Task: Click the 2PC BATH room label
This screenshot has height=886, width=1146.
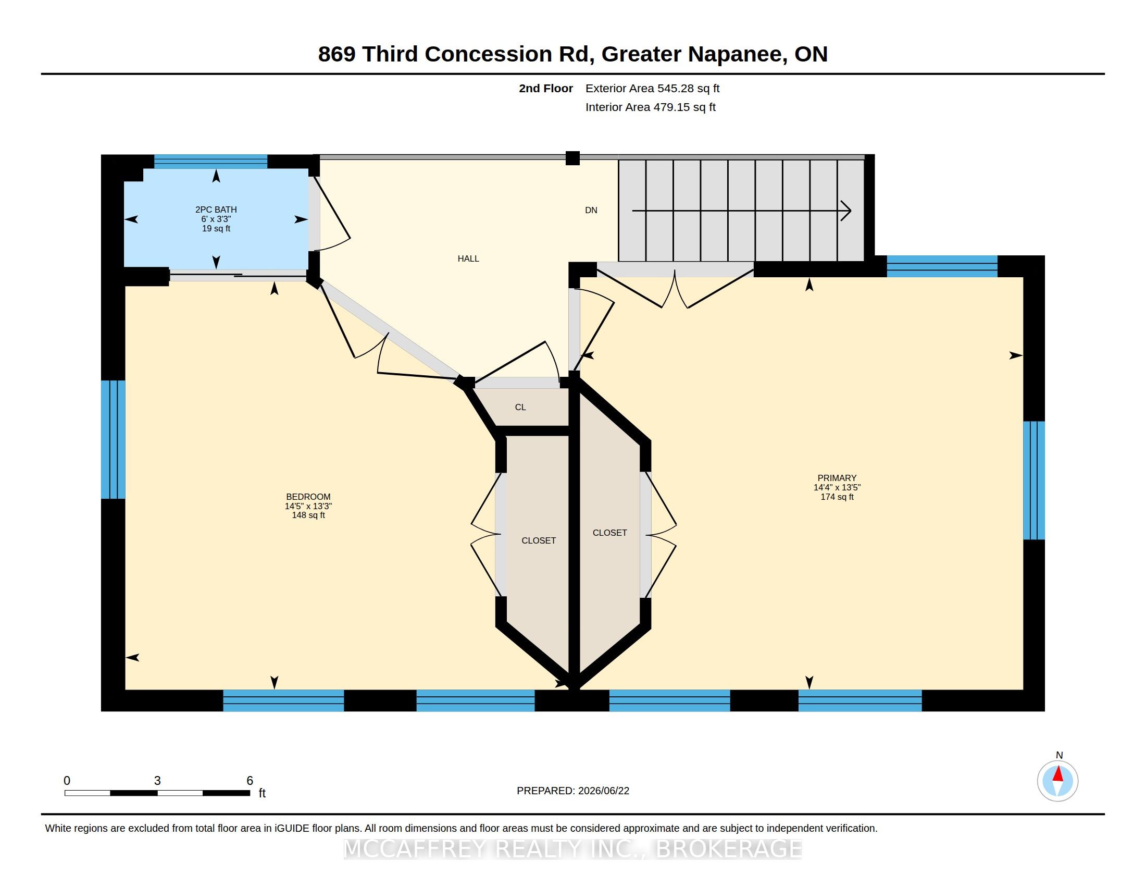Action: click(x=216, y=210)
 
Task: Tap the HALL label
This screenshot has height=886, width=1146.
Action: click(x=468, y=258)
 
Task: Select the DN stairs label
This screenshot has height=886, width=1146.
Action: click(x=591, y=210)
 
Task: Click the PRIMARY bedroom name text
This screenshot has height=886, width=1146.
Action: click(x=837, y=477)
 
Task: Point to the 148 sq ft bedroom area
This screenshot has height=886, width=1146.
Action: click(x=308, y=515)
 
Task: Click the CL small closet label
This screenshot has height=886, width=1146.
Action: click(x=520, y=407)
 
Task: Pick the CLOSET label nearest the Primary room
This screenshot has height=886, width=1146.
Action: click(x=610, y=532)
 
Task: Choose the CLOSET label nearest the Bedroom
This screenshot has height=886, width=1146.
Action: click(x=539, y=540)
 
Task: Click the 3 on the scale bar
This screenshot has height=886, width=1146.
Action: click(x=157, y=781)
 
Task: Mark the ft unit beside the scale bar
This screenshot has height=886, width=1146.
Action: click(x=262, y=793)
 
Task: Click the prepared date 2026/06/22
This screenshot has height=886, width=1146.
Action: click(x=603, y=791)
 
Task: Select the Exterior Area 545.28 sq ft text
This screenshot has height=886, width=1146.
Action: click(x=652, y=88)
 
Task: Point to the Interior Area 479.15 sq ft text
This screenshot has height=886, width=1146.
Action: click(x=650, y=107)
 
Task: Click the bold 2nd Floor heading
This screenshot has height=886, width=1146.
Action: click(x=546, y=88)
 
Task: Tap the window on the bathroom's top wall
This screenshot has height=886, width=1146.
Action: click(x=210, y=161)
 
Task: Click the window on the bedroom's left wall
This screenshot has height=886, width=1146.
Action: click(x=113, y=439)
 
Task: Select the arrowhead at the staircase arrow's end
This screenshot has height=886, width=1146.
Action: click(x=845, y=211)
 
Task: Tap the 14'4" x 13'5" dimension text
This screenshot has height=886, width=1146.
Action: click(x=837, y=487)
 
